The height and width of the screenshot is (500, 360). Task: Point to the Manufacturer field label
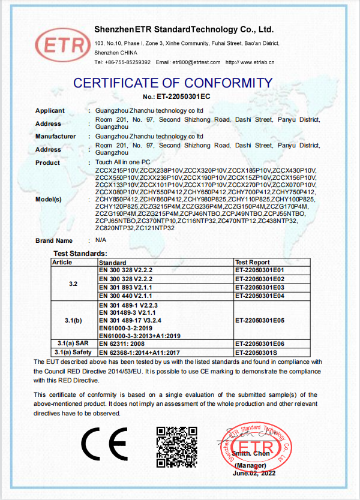pyautogui.click(x=55, y=137)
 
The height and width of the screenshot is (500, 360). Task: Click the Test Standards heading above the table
pyautogui.click(x=80, y=254)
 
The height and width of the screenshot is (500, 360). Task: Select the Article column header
pyautogui.click(x=62, y=262)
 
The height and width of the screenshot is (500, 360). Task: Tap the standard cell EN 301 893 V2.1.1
pyautogui.click(x=125, y=288)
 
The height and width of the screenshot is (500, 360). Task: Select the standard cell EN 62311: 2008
pyautogui.click(x=121, y=344)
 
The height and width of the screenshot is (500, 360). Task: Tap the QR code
pyautogui.click(x=176, y=447)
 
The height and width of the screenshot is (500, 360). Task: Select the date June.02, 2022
pyautogui.click(x=254, y=474)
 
